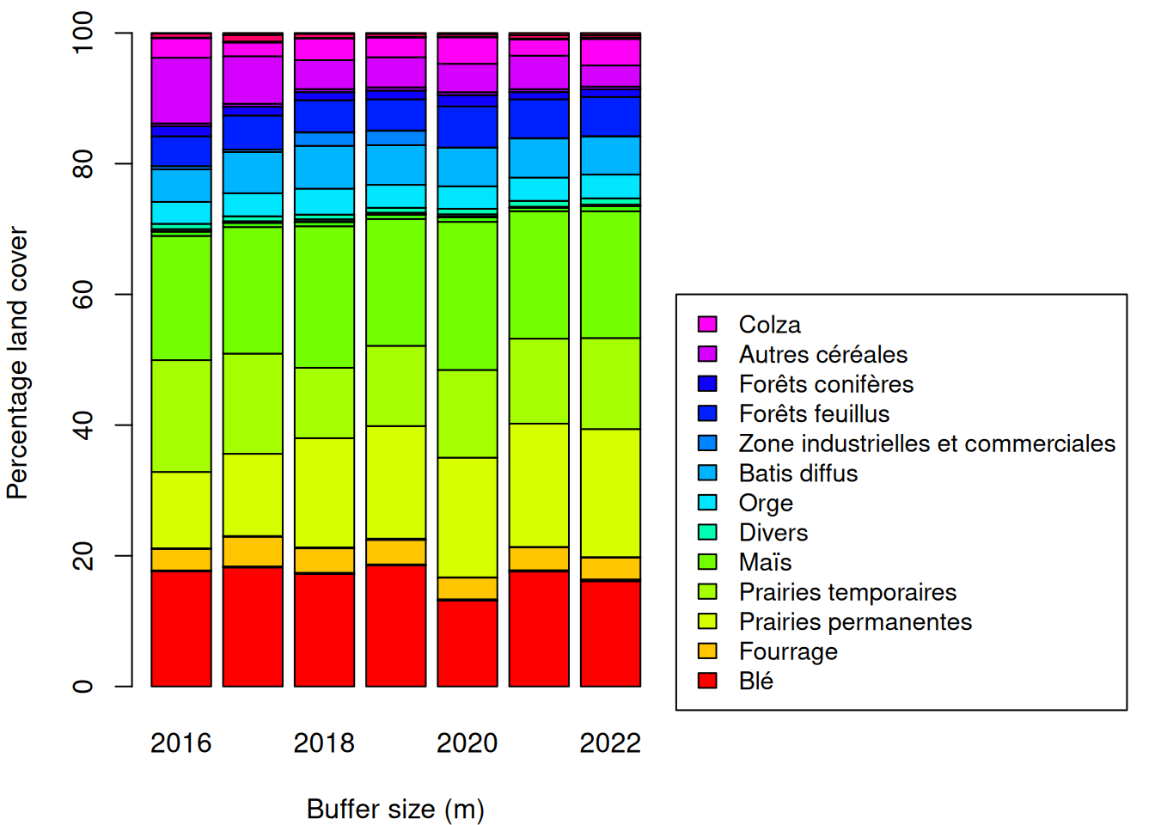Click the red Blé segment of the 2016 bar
[x=181, y=628]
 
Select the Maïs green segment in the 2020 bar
[x=467, y=296]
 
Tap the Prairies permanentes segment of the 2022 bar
[x=610, y=492]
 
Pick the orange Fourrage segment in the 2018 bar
[x=324, y=560]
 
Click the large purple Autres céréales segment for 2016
[x=181, y=90]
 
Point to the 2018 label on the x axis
[x=324, y=742]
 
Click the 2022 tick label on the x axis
[x=610, y=742]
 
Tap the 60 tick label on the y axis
[x=82, y=295]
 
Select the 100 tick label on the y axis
[x=82, y=34]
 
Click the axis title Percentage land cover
[x=18, y=363]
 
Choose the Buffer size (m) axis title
[x=395, y=809]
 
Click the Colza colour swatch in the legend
[x=707, y=324]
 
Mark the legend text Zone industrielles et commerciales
[x=926, y=443]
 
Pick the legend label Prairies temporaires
[x=847, y=592]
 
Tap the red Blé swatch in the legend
[x=707, y=681]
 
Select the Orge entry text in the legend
[x=766, y=503]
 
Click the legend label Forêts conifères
[x=826, y=384]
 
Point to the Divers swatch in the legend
[x=707, y=532]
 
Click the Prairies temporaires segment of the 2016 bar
[x=181, y=416]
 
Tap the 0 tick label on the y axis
[x=82, y=687]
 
